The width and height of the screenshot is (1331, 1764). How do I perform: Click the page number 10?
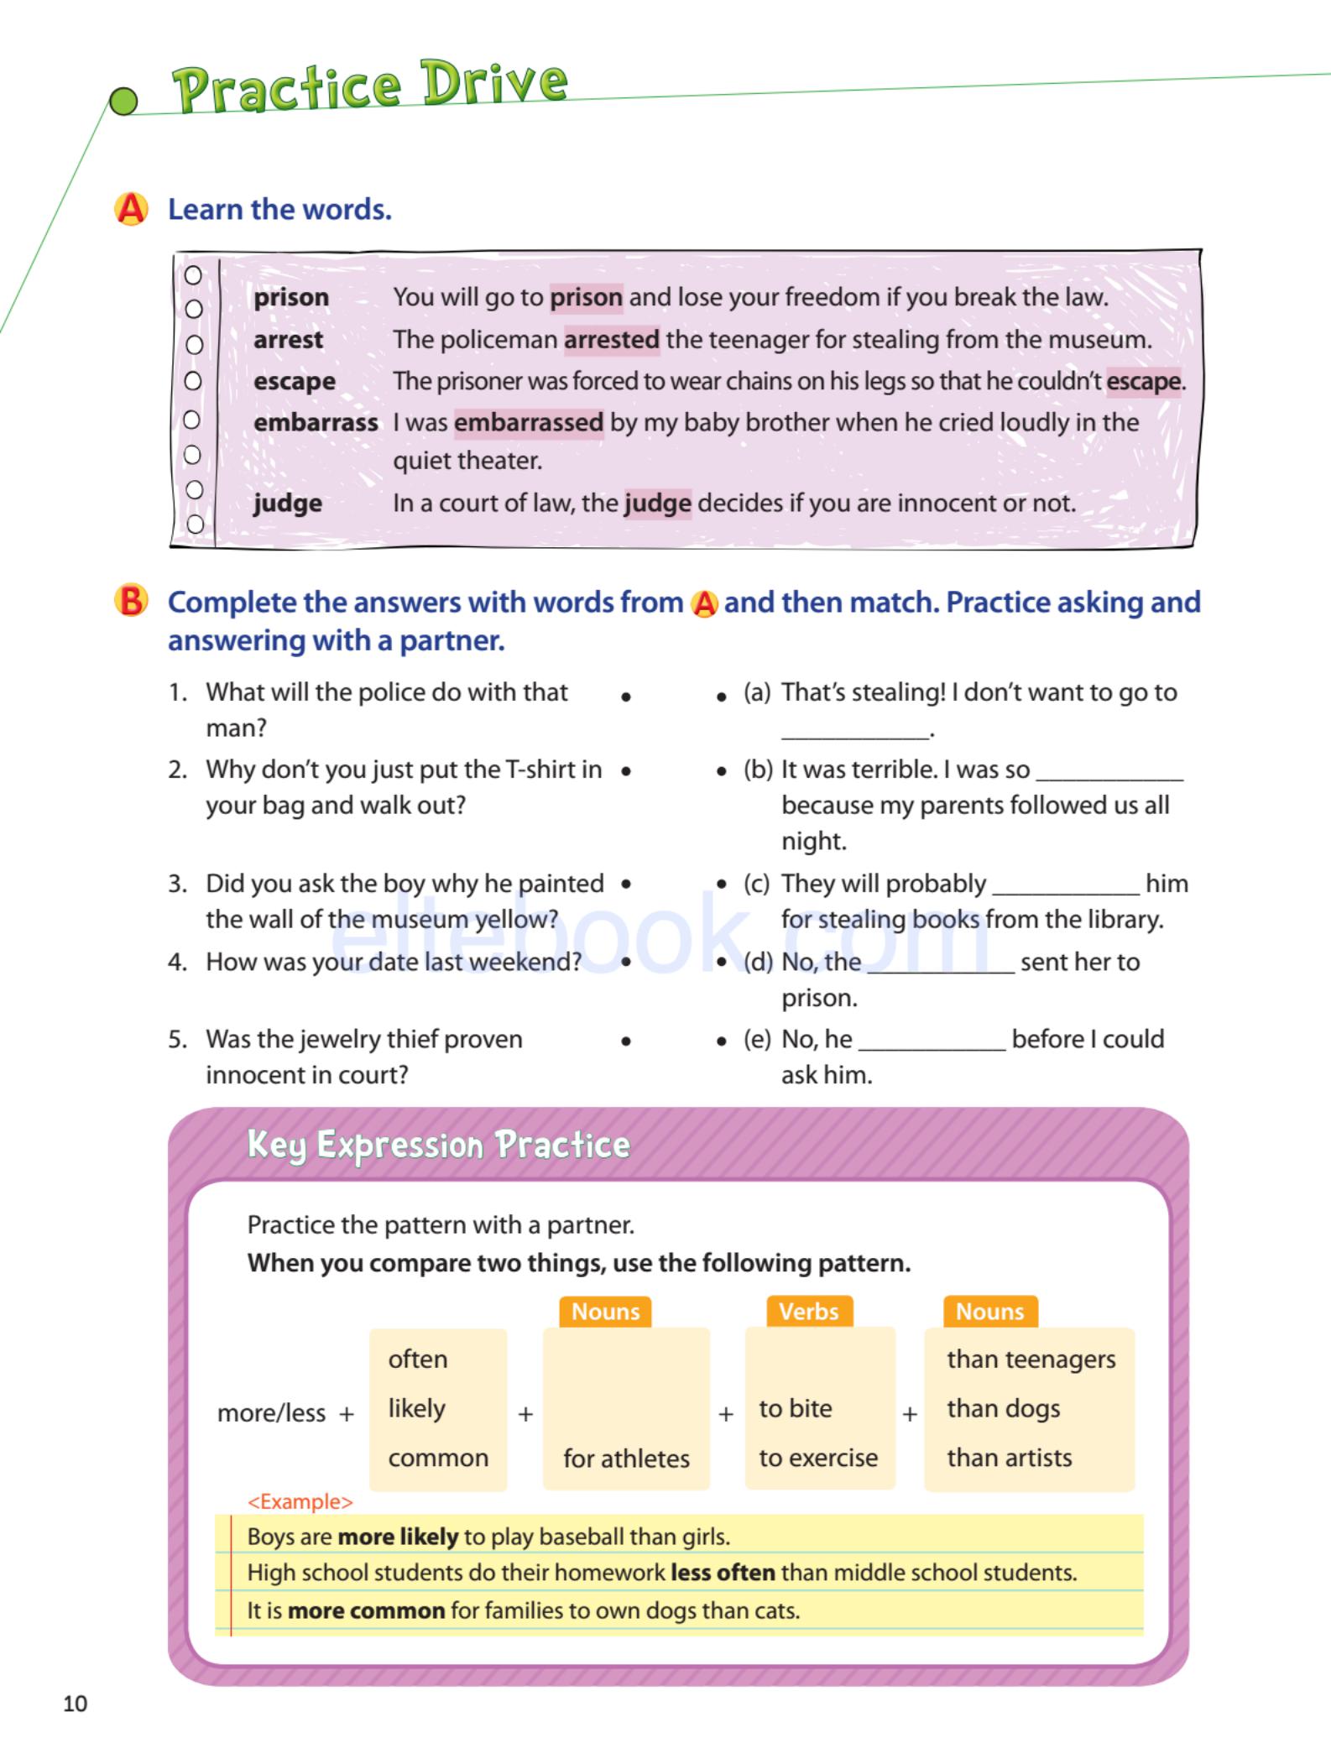[x=75, y=1703]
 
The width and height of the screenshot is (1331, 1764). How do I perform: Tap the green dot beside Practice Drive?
[x=124, y=102]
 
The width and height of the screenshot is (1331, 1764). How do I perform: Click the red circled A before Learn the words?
[x=131, y=209]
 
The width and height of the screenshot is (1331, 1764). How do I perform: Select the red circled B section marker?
[x=131, y=602]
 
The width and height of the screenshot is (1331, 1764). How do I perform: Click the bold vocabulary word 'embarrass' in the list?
[x=316, y=422]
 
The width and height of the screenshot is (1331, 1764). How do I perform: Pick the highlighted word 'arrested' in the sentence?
[x=611, y=339]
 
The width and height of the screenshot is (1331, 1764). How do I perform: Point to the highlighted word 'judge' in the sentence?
[x=658, y=503]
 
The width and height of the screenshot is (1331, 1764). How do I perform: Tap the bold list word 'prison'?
[x=291, y=297]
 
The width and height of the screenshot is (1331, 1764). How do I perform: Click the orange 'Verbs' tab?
[x=808, y=1311]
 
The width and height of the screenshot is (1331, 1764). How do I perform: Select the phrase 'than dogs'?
[x=1003, y=1408]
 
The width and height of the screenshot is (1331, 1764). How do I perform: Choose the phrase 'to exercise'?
[x=818, y=1458]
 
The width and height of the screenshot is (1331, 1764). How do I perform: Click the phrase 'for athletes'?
[x=626, y=1459]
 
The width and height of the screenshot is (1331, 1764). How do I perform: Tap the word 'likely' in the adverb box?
[x=416, y=1408]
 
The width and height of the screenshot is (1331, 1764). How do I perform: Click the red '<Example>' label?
[x=300, y=1501]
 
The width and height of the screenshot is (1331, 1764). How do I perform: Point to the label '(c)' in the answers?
[x=756, y=884]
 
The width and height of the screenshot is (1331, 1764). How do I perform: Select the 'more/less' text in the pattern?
[x=271, y=1413]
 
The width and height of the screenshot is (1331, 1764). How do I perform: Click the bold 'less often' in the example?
[x=723, y=1572]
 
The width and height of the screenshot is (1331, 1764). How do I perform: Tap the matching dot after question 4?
[x=626, y=963]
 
